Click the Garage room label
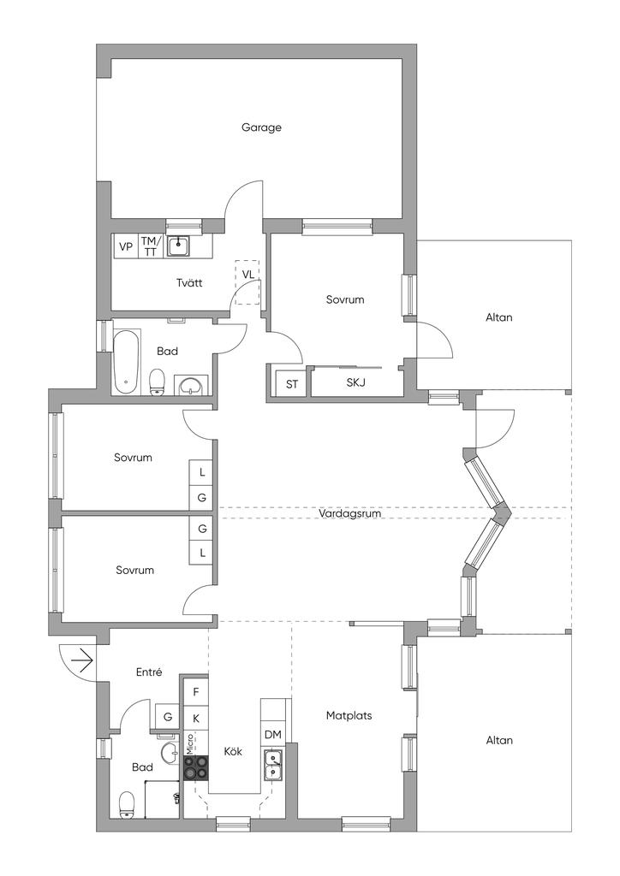[261, 127]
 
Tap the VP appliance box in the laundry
[126, 246]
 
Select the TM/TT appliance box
[150, 246]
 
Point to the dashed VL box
[247, 281]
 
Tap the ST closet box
[292, 384]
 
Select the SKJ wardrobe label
[355, 382]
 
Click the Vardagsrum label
[349, 514]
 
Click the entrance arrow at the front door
[82, 660]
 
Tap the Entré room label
[149, 673]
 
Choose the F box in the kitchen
[196, 691]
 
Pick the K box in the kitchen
[196, 718]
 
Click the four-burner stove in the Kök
[196, 767]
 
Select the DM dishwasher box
[272, 735]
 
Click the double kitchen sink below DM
[274, 764]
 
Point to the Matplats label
[349, 715]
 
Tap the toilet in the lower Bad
[127, 804]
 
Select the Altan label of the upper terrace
[498, 317]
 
